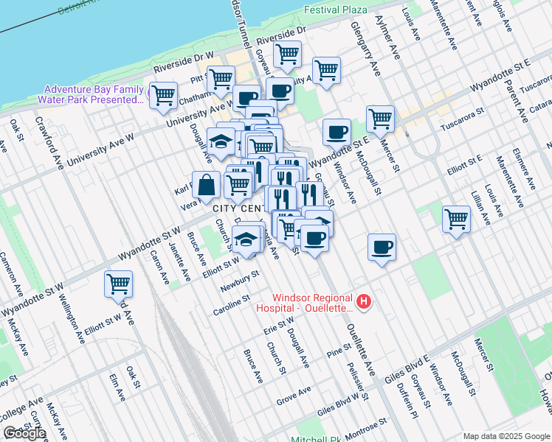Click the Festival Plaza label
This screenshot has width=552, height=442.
pyautogui.click(x=336, y=10)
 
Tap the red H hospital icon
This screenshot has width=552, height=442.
pyautogui.click(x=363, y=301)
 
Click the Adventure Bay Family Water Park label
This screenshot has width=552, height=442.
pyautogui.click(x=94, y=94)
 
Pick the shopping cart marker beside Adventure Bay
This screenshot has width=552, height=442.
pyautogui.click(x=163, y=95)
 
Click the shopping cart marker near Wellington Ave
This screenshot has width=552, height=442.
pyautogui.click(x=118, y=283)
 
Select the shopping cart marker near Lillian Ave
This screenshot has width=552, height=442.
pyautogui.click(x=457, y=219)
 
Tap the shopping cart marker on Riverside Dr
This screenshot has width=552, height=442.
pyautogui.click(x=287, y=54)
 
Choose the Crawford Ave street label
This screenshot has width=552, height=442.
pyautogui.click(x=44, y=133)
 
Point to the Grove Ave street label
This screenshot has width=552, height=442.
pyautogui.click(x=292, y=396)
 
